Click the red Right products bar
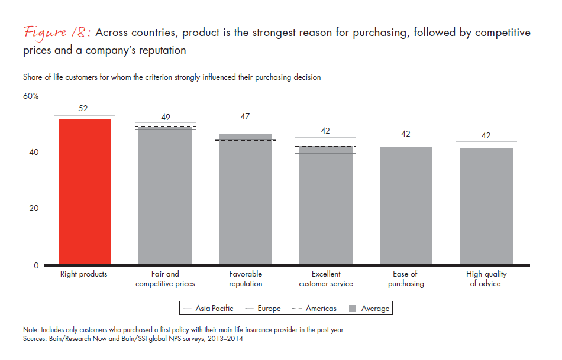[x=85, y=192]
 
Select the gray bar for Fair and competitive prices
[x=165, y=195]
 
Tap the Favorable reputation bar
[x=246, y=199]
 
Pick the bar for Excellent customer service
[x=325, y=205]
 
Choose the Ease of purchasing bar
[x=406, y=205]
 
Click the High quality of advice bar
[x=486, y=205]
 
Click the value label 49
[x=165, y=117]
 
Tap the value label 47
[x=246, y=117]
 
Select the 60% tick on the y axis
[x=31, y=96]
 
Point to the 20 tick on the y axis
[x=35, y=208]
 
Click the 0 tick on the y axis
[x=36, y=265]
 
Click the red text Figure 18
[x=57, y=33]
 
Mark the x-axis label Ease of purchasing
[x=406, y=278]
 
